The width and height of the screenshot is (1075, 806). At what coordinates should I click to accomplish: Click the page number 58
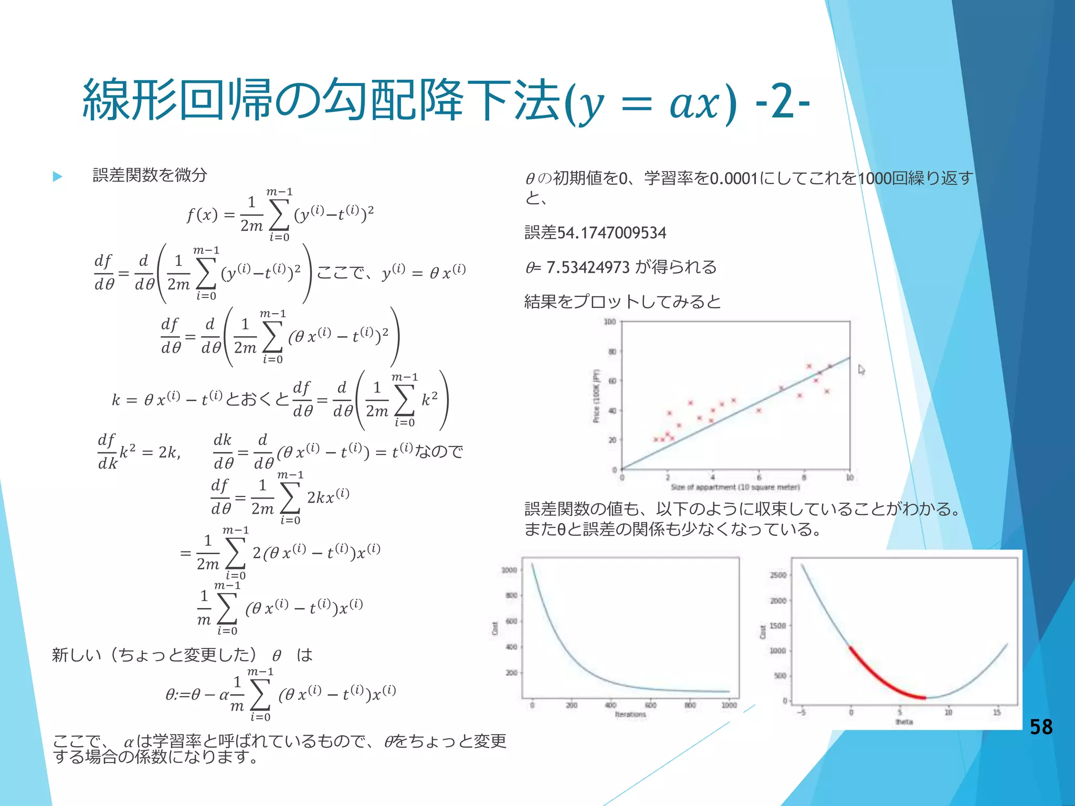point(1041,727)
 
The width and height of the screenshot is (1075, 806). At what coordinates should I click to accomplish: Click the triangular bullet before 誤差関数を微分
point(58,177)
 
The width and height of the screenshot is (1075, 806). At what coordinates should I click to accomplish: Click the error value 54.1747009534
point(612,232)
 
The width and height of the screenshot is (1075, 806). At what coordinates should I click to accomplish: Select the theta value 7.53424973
point(587,267)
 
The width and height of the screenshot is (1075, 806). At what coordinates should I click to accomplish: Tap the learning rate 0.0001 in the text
point(733,179)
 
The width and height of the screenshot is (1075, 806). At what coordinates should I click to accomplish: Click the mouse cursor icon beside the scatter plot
point(861,370)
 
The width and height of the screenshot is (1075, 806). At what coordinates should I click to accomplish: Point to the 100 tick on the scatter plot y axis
point(609,322)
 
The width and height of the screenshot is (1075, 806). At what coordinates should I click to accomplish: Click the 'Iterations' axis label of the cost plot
point(630,715)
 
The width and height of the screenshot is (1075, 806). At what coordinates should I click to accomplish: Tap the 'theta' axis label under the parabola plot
point(904,722)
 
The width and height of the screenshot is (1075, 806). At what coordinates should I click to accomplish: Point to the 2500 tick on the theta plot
point(778,575)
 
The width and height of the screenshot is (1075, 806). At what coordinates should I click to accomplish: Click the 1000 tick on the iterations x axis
point(729,705)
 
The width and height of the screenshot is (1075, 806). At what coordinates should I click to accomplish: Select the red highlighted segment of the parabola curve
point(882,680)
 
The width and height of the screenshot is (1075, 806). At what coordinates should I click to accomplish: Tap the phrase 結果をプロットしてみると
point(623,301)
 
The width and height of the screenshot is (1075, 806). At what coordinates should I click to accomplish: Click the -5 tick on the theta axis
point(802,713)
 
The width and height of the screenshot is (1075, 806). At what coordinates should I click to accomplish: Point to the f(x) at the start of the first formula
point(202,215)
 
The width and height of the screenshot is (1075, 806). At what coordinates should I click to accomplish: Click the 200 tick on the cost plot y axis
point(511,673)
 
